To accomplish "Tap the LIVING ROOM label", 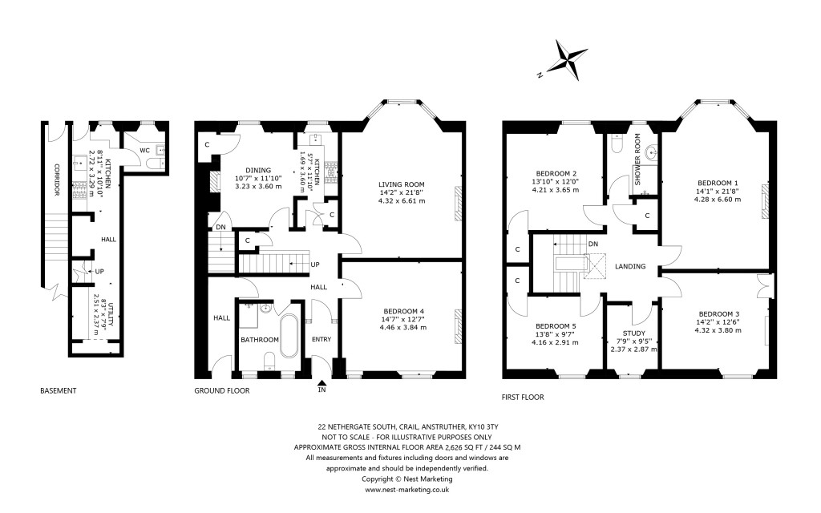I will (x=401, y=184).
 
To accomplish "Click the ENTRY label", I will (x=321, y=339).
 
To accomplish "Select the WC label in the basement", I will (x=144, y=150).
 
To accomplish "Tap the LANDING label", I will (x=630, y=266).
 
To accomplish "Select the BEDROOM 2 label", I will (x=556, y=173).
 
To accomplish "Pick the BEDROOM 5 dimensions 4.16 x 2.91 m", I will (x=555, y=342).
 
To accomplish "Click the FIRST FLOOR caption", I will (x=523, y=397).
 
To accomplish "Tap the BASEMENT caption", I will (x=59, y=391).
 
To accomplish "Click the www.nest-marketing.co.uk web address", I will (x=406, y=489).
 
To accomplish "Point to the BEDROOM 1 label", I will (x=718, y=183).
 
